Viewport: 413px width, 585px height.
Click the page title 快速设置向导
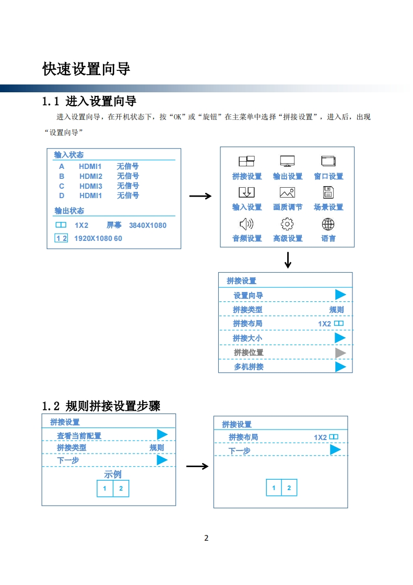86,69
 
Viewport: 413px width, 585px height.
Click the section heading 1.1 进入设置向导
89,101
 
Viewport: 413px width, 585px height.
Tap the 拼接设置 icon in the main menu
246,162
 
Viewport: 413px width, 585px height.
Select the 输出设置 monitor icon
287,162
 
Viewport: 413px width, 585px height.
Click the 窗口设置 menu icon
328,162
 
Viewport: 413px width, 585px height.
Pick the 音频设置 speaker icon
246,224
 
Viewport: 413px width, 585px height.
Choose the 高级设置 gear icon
287,224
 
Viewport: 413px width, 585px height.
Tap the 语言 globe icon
328,224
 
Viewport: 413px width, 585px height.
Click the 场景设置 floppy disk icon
328,193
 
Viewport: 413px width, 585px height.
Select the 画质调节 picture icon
287,193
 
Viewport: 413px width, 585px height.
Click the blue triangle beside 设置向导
340,295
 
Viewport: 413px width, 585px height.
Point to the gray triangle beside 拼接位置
340,352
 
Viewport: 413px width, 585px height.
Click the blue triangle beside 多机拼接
340,367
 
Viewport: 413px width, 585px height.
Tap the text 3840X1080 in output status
148,225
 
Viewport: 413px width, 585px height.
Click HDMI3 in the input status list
91,186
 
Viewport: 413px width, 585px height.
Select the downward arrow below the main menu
288,260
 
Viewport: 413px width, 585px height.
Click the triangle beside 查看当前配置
162,434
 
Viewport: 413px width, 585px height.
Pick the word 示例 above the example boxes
113,474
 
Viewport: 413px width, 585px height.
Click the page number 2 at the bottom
206,538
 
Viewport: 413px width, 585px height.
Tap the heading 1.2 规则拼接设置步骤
101,406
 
